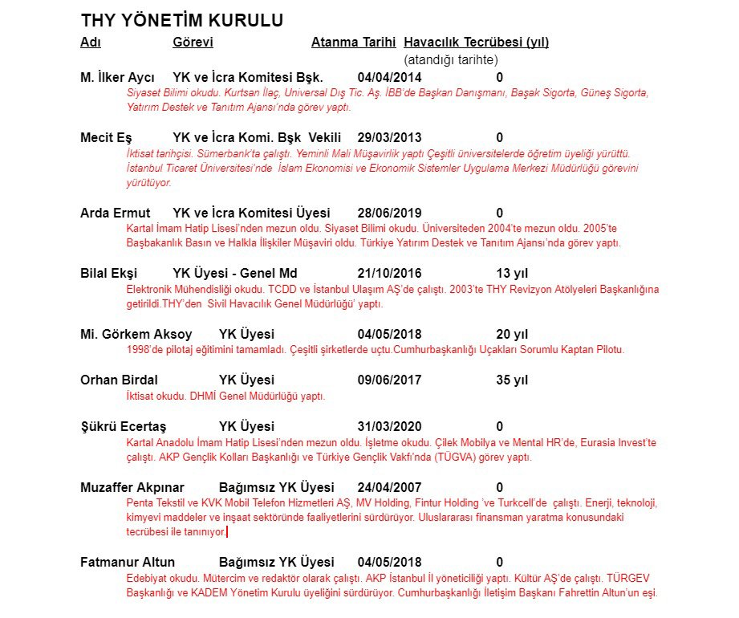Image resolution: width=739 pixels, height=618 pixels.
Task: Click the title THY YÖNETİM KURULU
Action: pyautogui.click(x=181, y=21)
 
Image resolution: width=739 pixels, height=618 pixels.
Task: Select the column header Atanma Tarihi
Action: pyautogui.click(x=355, y=43)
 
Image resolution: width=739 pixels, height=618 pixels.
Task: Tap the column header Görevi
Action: pyautogui.click(x=193, y=43)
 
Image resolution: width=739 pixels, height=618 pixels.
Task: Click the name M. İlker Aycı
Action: pyautogui.click(x=117, y=78)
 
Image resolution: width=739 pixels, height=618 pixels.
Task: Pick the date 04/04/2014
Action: pyautogui.click(x=389, y=78)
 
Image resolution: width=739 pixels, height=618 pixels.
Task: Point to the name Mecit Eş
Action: pyautogui.click(x=106, y=138)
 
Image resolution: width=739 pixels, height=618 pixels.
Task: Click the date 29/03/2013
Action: pyautogui.click(x=389, y=138)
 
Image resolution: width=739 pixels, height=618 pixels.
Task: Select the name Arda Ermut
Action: pyautogui.click(x=115, y=213)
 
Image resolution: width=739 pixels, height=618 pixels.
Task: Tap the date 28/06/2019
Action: pyautogui.click(x=389, y=213)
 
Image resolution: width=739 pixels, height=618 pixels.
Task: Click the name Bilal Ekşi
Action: pyautogui.click(x=112, y=274)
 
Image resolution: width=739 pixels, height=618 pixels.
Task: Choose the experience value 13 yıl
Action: pyautogui.click(x=512, y=274)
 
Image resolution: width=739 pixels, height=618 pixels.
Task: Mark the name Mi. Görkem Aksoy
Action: pyautogui.click(x=136, y=334)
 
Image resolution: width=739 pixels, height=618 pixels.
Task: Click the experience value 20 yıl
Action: pyautogui.click(x=512, y=334)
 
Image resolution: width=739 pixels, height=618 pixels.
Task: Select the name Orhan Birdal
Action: pyautogui.click(x=119, y=380)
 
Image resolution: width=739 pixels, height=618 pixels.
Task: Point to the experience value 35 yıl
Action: pyautogui.click(x=512, y=380)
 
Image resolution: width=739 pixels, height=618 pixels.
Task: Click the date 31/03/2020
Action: pyautogui.click(x=389, y=426)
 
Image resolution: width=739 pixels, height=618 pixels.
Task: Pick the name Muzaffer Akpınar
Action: pyautogui.click(x=132, y=487)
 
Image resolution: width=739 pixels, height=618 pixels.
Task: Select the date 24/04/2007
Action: pyautogui.click(x=389, y=487)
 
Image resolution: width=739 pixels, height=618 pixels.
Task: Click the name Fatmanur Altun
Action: pyautogui.click(x=128, y=562)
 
